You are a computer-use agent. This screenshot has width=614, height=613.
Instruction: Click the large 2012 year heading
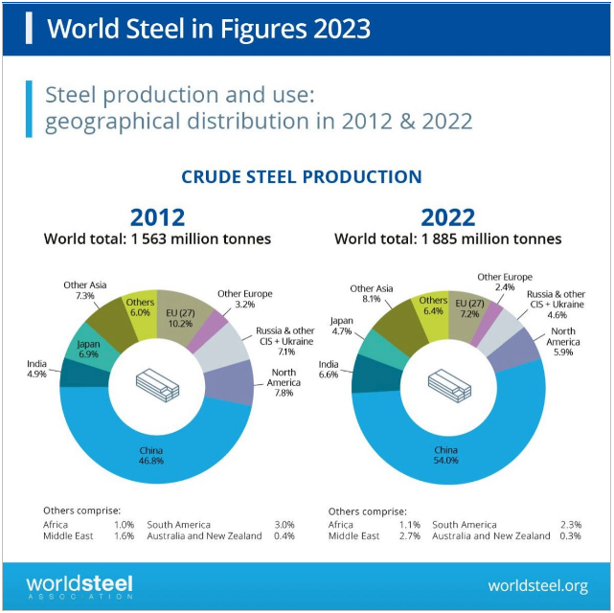tap(157, 216)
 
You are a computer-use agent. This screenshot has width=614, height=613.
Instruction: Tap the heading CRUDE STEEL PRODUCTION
tap(302, 177)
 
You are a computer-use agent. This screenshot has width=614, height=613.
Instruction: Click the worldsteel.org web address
tap(537, 585)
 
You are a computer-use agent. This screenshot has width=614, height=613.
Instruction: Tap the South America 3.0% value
tap(284, 525)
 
